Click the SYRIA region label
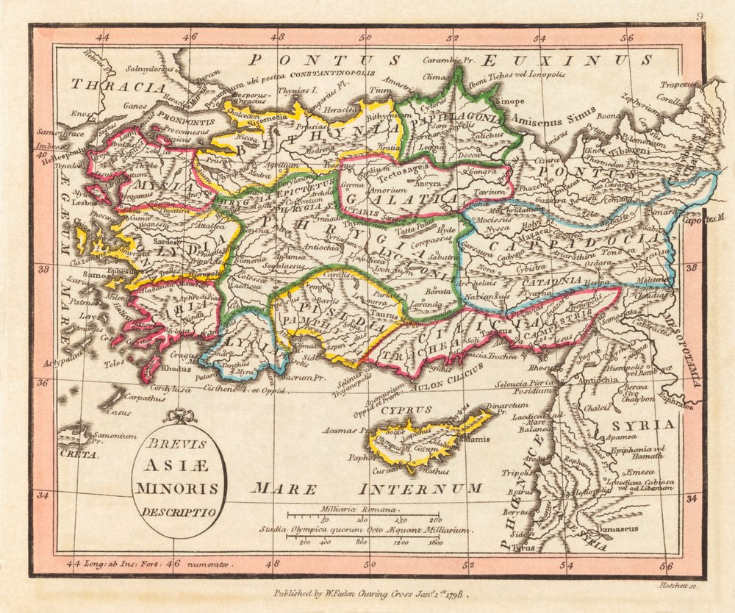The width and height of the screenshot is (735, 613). point(648,424)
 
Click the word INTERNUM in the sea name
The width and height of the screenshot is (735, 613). point(420,488)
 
